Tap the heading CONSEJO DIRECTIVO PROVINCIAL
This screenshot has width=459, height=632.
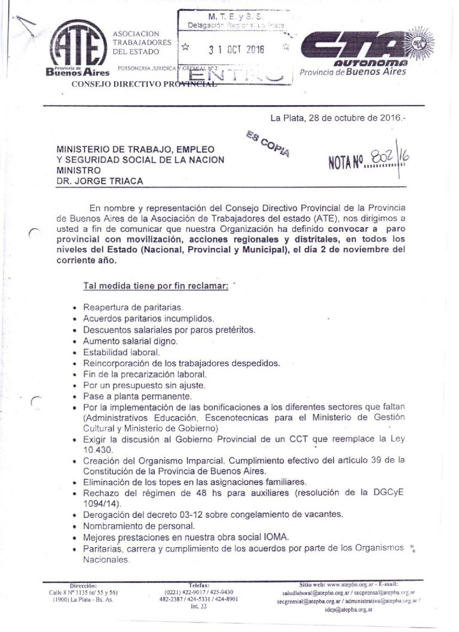pos(143,84)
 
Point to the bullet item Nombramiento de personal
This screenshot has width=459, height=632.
pos(139,526)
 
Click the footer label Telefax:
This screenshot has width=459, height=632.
pos(198,585)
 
